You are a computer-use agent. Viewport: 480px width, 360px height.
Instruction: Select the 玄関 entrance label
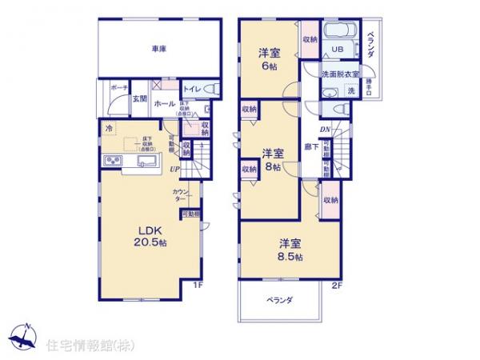tap(139, 98)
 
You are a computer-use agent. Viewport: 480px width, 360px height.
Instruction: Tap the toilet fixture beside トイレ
tap(210, 89)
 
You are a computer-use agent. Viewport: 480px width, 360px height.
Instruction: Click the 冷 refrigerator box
tap(106, 128)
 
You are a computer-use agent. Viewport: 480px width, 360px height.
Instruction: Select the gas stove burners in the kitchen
tap(112, 163)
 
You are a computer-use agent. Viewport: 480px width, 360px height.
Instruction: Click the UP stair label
tap(174, 169)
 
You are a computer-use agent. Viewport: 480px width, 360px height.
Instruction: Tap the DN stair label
tap(326, 130)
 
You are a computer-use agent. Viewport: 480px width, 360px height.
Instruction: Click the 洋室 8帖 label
tap(273, 160)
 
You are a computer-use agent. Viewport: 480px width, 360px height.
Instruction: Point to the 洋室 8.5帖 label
tap(290, 250)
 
